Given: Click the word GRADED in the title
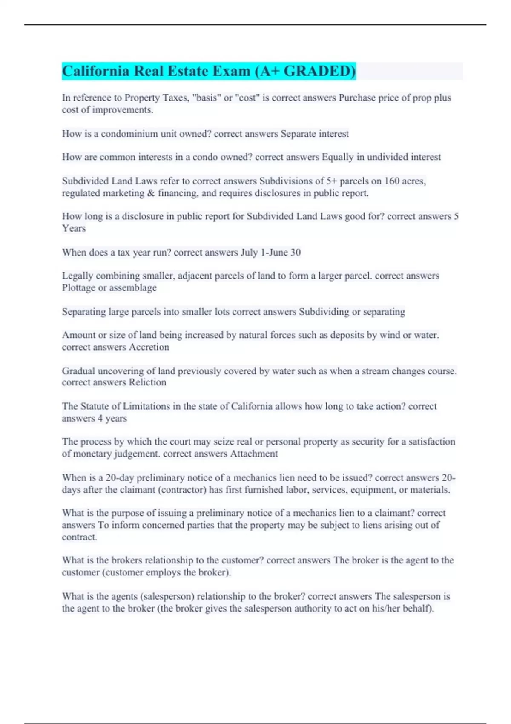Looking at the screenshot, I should coord(319,71).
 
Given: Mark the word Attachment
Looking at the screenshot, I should coord(254,454).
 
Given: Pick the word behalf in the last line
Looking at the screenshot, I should coord(419,608).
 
